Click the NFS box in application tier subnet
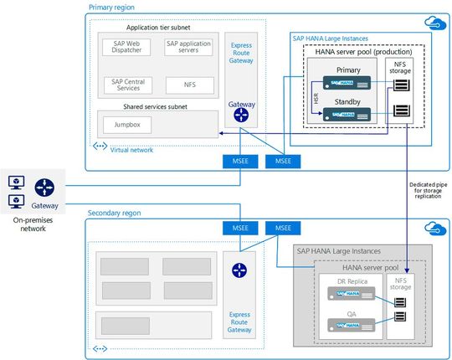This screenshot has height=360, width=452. pyautogui.click(x=189, y=85)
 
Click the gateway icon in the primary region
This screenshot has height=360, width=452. pyautogui.click(x=242, y=115)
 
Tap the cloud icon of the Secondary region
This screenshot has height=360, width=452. pyautogui.click(x=434, y=227)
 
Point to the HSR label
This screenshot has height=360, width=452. pyautogui.click(x=317, y=99)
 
